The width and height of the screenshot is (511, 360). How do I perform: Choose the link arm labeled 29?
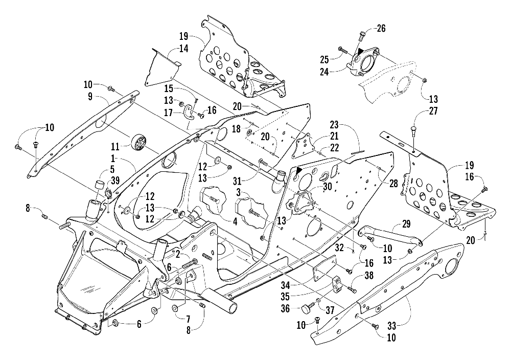388,238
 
